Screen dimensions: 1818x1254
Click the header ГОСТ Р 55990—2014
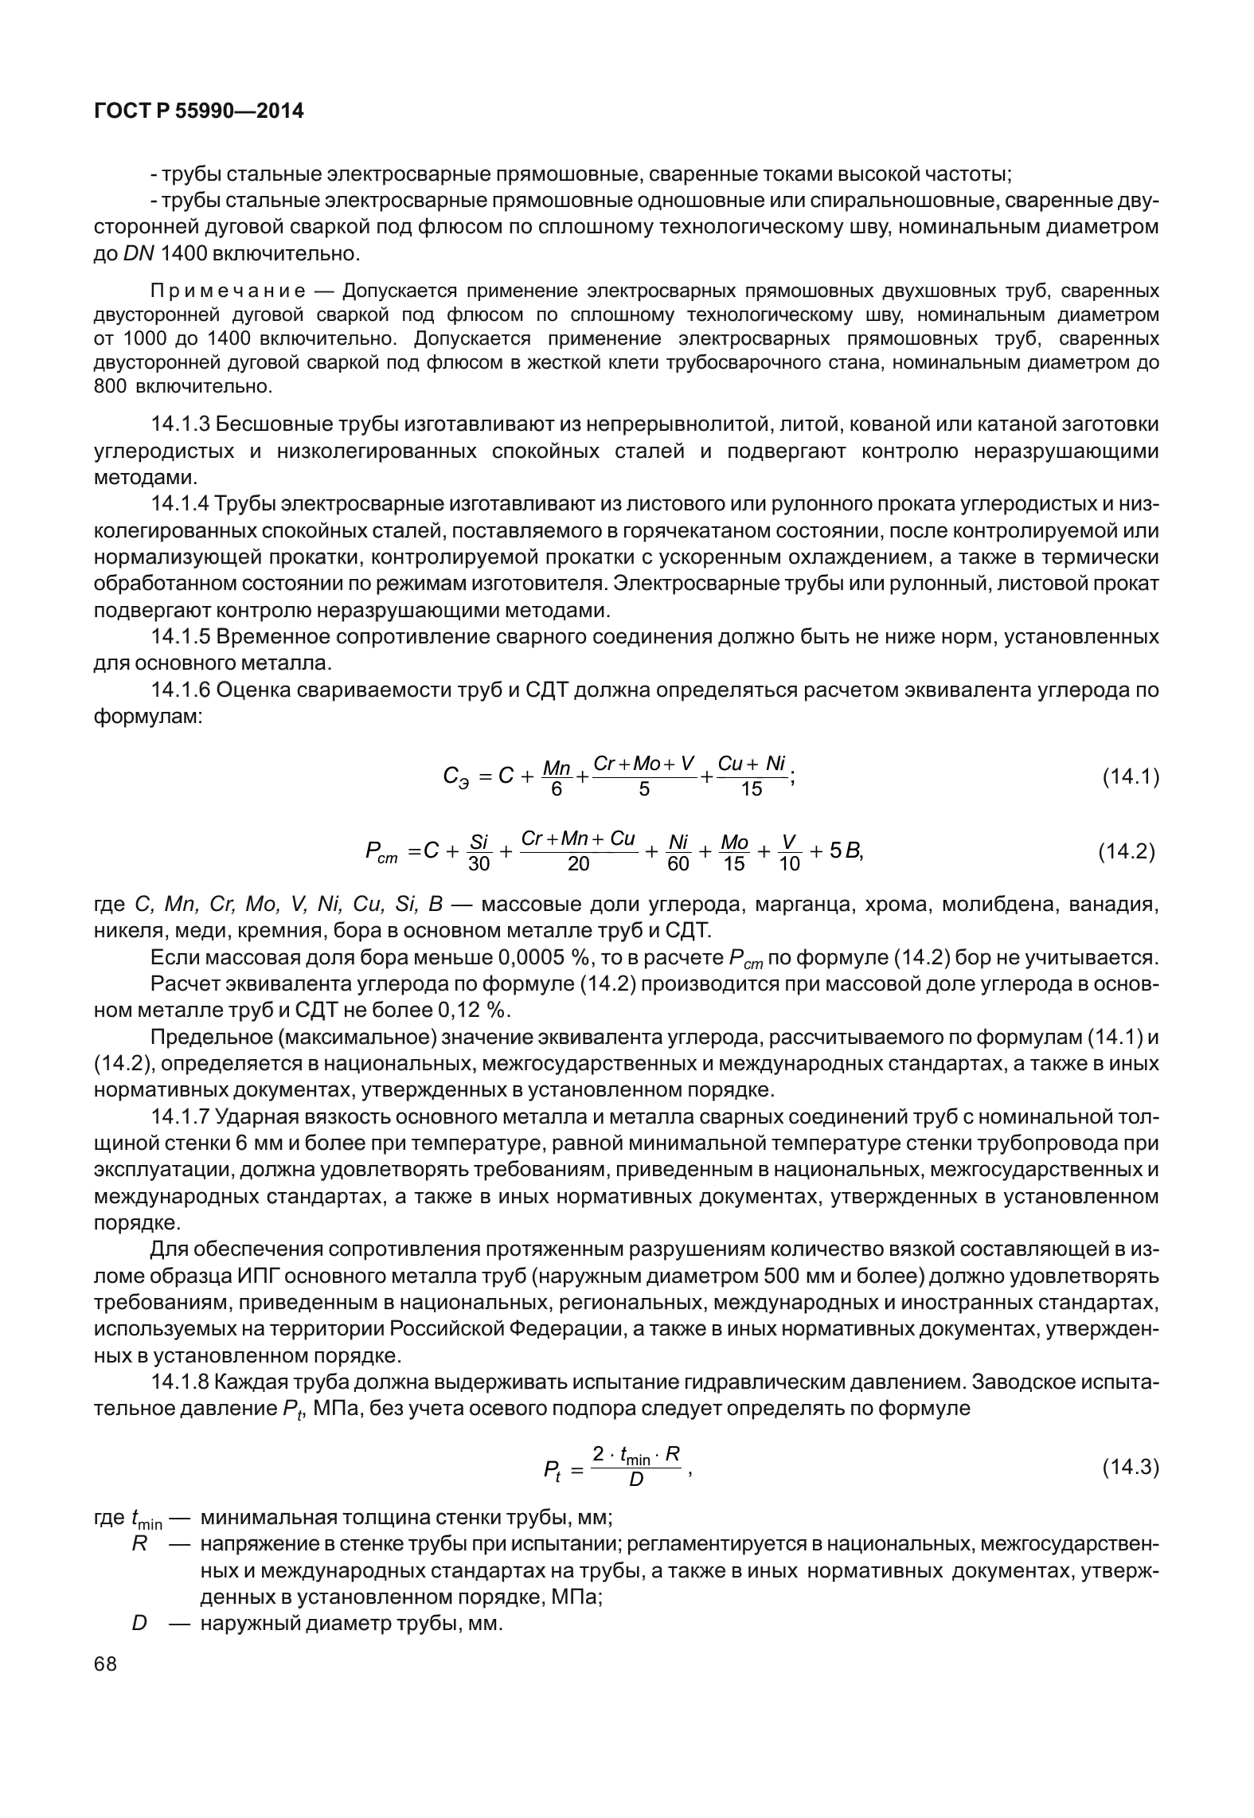click(199, 111)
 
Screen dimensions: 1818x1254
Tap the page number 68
click(105, 1664)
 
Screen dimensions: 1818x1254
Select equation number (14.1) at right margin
click(1130, 776)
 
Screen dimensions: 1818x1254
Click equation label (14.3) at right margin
click(1130, 1467)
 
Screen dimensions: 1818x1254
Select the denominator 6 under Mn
click(557, 789)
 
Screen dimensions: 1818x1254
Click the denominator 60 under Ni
click(678, 864)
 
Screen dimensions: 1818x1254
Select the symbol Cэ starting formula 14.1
click(455, 777)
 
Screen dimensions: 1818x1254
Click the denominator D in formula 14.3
click(636, 1480)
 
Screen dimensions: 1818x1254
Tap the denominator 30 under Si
click(479, 864)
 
